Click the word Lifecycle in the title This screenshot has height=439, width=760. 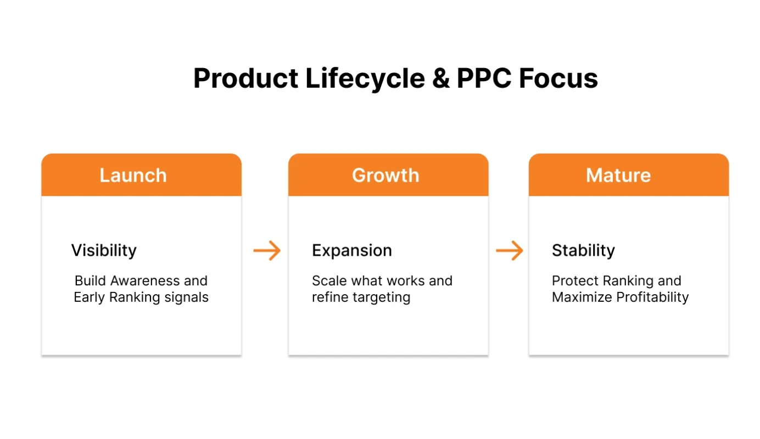tap(365, 78)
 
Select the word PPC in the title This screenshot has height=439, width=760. tap(483, 78)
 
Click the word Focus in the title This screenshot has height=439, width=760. tap(558, 78)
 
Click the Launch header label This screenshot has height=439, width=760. tap(133, 176)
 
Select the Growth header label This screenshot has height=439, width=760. tap(385, 176)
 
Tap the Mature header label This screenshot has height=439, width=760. tap(618, 176)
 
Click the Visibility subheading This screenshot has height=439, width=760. tap(104, 251)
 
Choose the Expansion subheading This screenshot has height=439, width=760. tap(352, 251)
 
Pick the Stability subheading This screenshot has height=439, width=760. tap(583, 251)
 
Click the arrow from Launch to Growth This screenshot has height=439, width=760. tap(267, 251)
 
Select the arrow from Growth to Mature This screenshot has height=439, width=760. tap(509, 251)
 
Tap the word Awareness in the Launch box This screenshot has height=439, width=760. tap(145, 281)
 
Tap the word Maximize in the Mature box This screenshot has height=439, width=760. tap(582, 297)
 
